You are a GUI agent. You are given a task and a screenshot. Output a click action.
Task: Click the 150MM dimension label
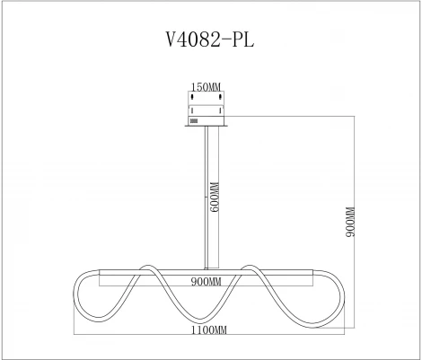(x=207, y=86)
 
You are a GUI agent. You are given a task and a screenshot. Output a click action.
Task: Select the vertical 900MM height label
(x=351, y=221)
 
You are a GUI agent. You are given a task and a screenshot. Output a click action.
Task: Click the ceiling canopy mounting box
(x=207, y=108)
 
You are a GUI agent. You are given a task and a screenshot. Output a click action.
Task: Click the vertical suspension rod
(x=207, y=198)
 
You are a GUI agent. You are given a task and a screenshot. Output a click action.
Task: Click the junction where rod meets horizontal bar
(x=207, y=268)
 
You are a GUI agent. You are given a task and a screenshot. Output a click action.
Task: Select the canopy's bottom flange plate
(x=207, y=126)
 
